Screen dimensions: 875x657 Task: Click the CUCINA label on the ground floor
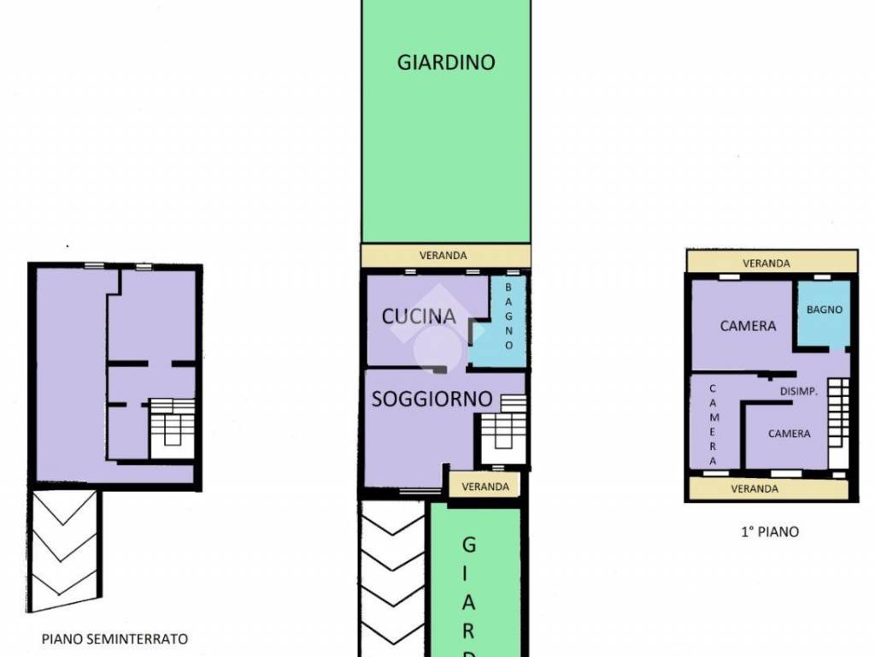pyautogui.click(x=419, y=317)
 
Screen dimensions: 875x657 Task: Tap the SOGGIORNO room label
pyautogui.click(x=432, y=399)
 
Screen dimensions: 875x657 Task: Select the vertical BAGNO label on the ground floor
pyautogui.click(x=508, y=317)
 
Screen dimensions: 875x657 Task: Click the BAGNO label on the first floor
pyautogui.click(x=825, y=310)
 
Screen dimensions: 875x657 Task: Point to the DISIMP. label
pyautogui.click(x=799, y=392)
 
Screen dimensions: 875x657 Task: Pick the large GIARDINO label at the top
pyautogui.click(x=446, y=62)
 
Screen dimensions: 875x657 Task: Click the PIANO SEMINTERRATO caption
pyautogui.click(x=115, y=638)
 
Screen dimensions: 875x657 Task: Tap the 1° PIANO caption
pyautogui.click(x=770, y=531)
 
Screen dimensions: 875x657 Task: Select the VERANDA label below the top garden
pyautogui.click(x=443, y=255)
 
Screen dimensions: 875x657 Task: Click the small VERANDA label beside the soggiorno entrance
pyautogui.click(x=485, y=487)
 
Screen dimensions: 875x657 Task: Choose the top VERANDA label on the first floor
pyautogui.click(x=766, y=263)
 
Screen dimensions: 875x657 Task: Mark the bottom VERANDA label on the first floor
pyautogui.click(x=755, y=488)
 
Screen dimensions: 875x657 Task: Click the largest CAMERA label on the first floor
pyautogui.click(x=748, y=326)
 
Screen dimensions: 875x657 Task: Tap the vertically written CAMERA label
pyautogui.click(x=714, y=424)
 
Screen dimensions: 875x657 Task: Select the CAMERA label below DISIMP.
pyautogui.click(x=789, y=434)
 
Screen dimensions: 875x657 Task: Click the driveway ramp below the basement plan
pyautogui.click(x=64, y=550)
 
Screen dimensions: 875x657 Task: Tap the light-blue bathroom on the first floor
pyautogui.click(x=824, y=313)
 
